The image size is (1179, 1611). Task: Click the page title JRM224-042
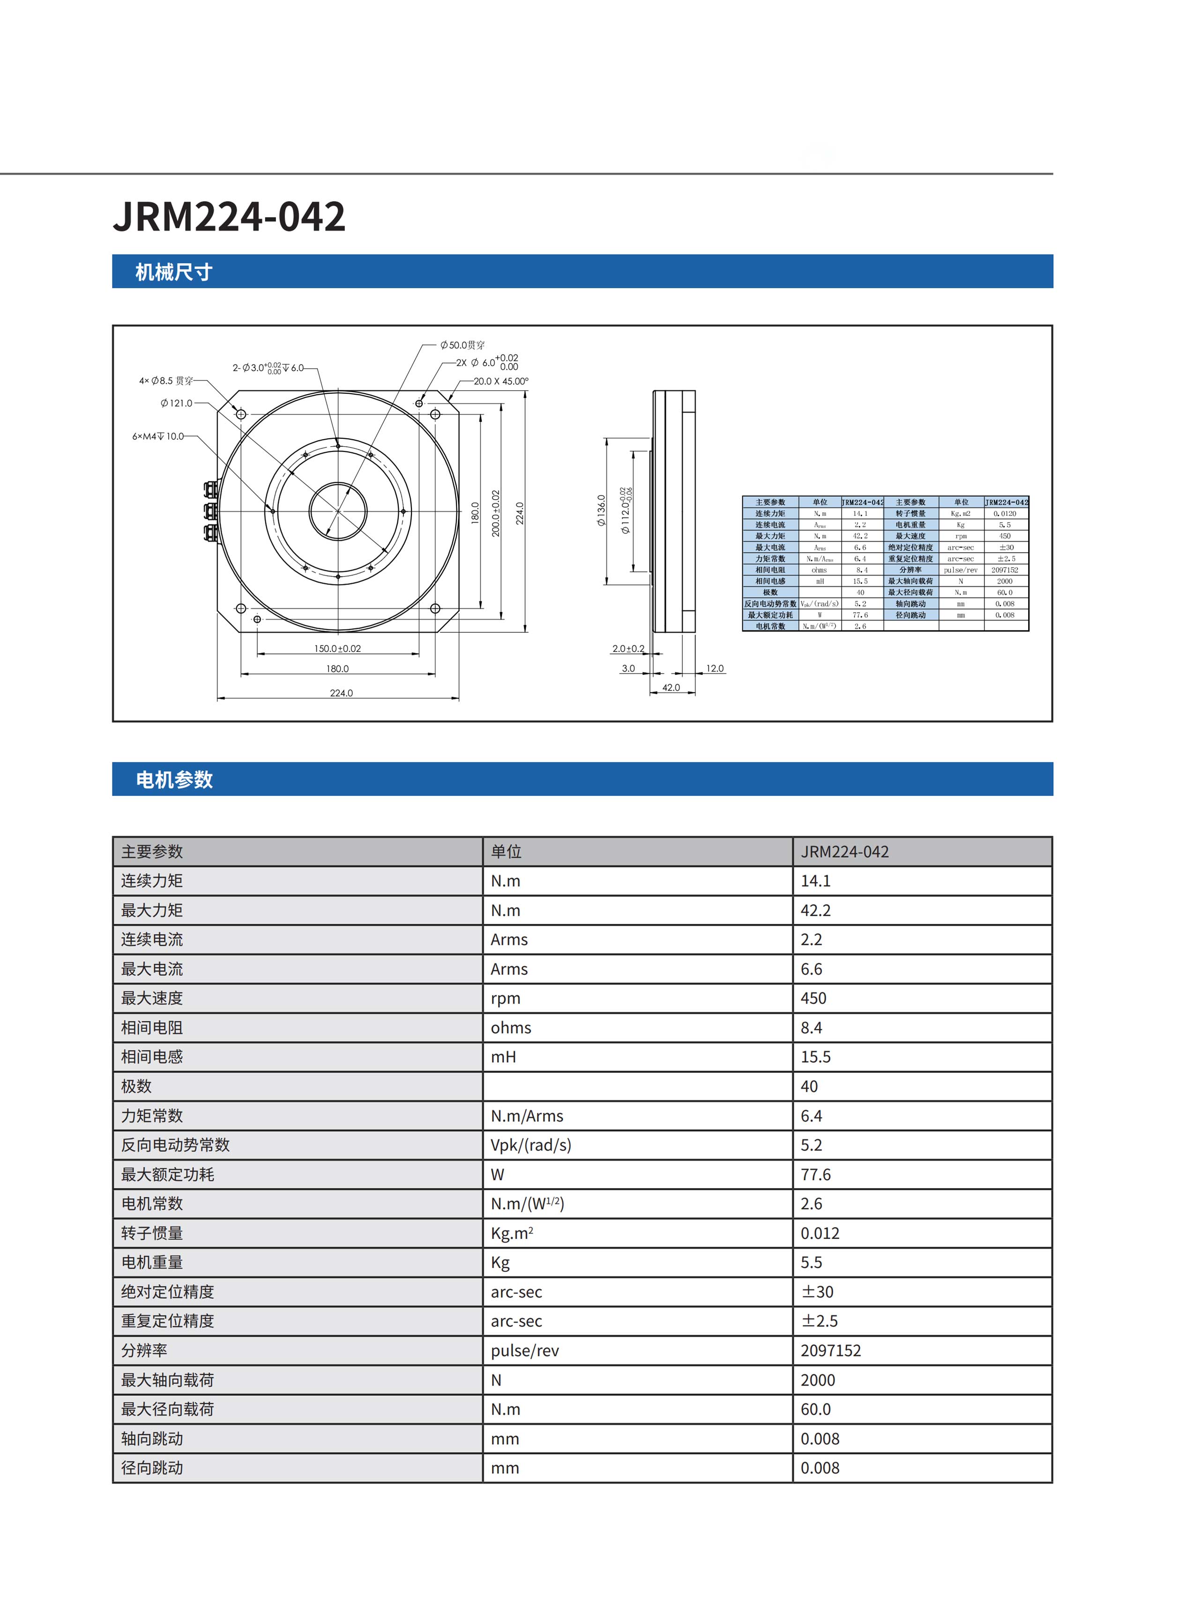click(229, 216)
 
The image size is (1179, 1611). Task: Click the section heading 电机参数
click(174, 779)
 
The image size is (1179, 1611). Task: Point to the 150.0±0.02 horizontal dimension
click(337, 648)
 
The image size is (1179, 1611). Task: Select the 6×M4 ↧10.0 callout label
click(158, 436)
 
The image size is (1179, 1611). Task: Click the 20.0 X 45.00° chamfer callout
click(500, 381)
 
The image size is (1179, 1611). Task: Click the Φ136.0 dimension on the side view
click(601, 510)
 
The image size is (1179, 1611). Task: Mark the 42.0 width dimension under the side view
click(671, 687)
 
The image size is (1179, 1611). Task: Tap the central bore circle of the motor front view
click(337, 511)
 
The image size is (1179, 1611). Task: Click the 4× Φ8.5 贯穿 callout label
click(165, 381)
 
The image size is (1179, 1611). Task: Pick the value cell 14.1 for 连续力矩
click(816, 881)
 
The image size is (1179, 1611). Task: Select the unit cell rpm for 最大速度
click(505, 998)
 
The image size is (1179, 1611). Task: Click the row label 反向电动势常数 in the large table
click(176, 1145)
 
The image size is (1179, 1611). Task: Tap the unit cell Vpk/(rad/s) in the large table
click(531, 1145)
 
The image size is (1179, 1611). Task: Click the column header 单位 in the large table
click(506, 852)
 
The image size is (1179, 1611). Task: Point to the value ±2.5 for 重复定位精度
click(819, 1321)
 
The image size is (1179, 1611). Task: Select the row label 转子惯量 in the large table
click(152, 1233)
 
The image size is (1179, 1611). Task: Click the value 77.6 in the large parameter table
click(816, 1174)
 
